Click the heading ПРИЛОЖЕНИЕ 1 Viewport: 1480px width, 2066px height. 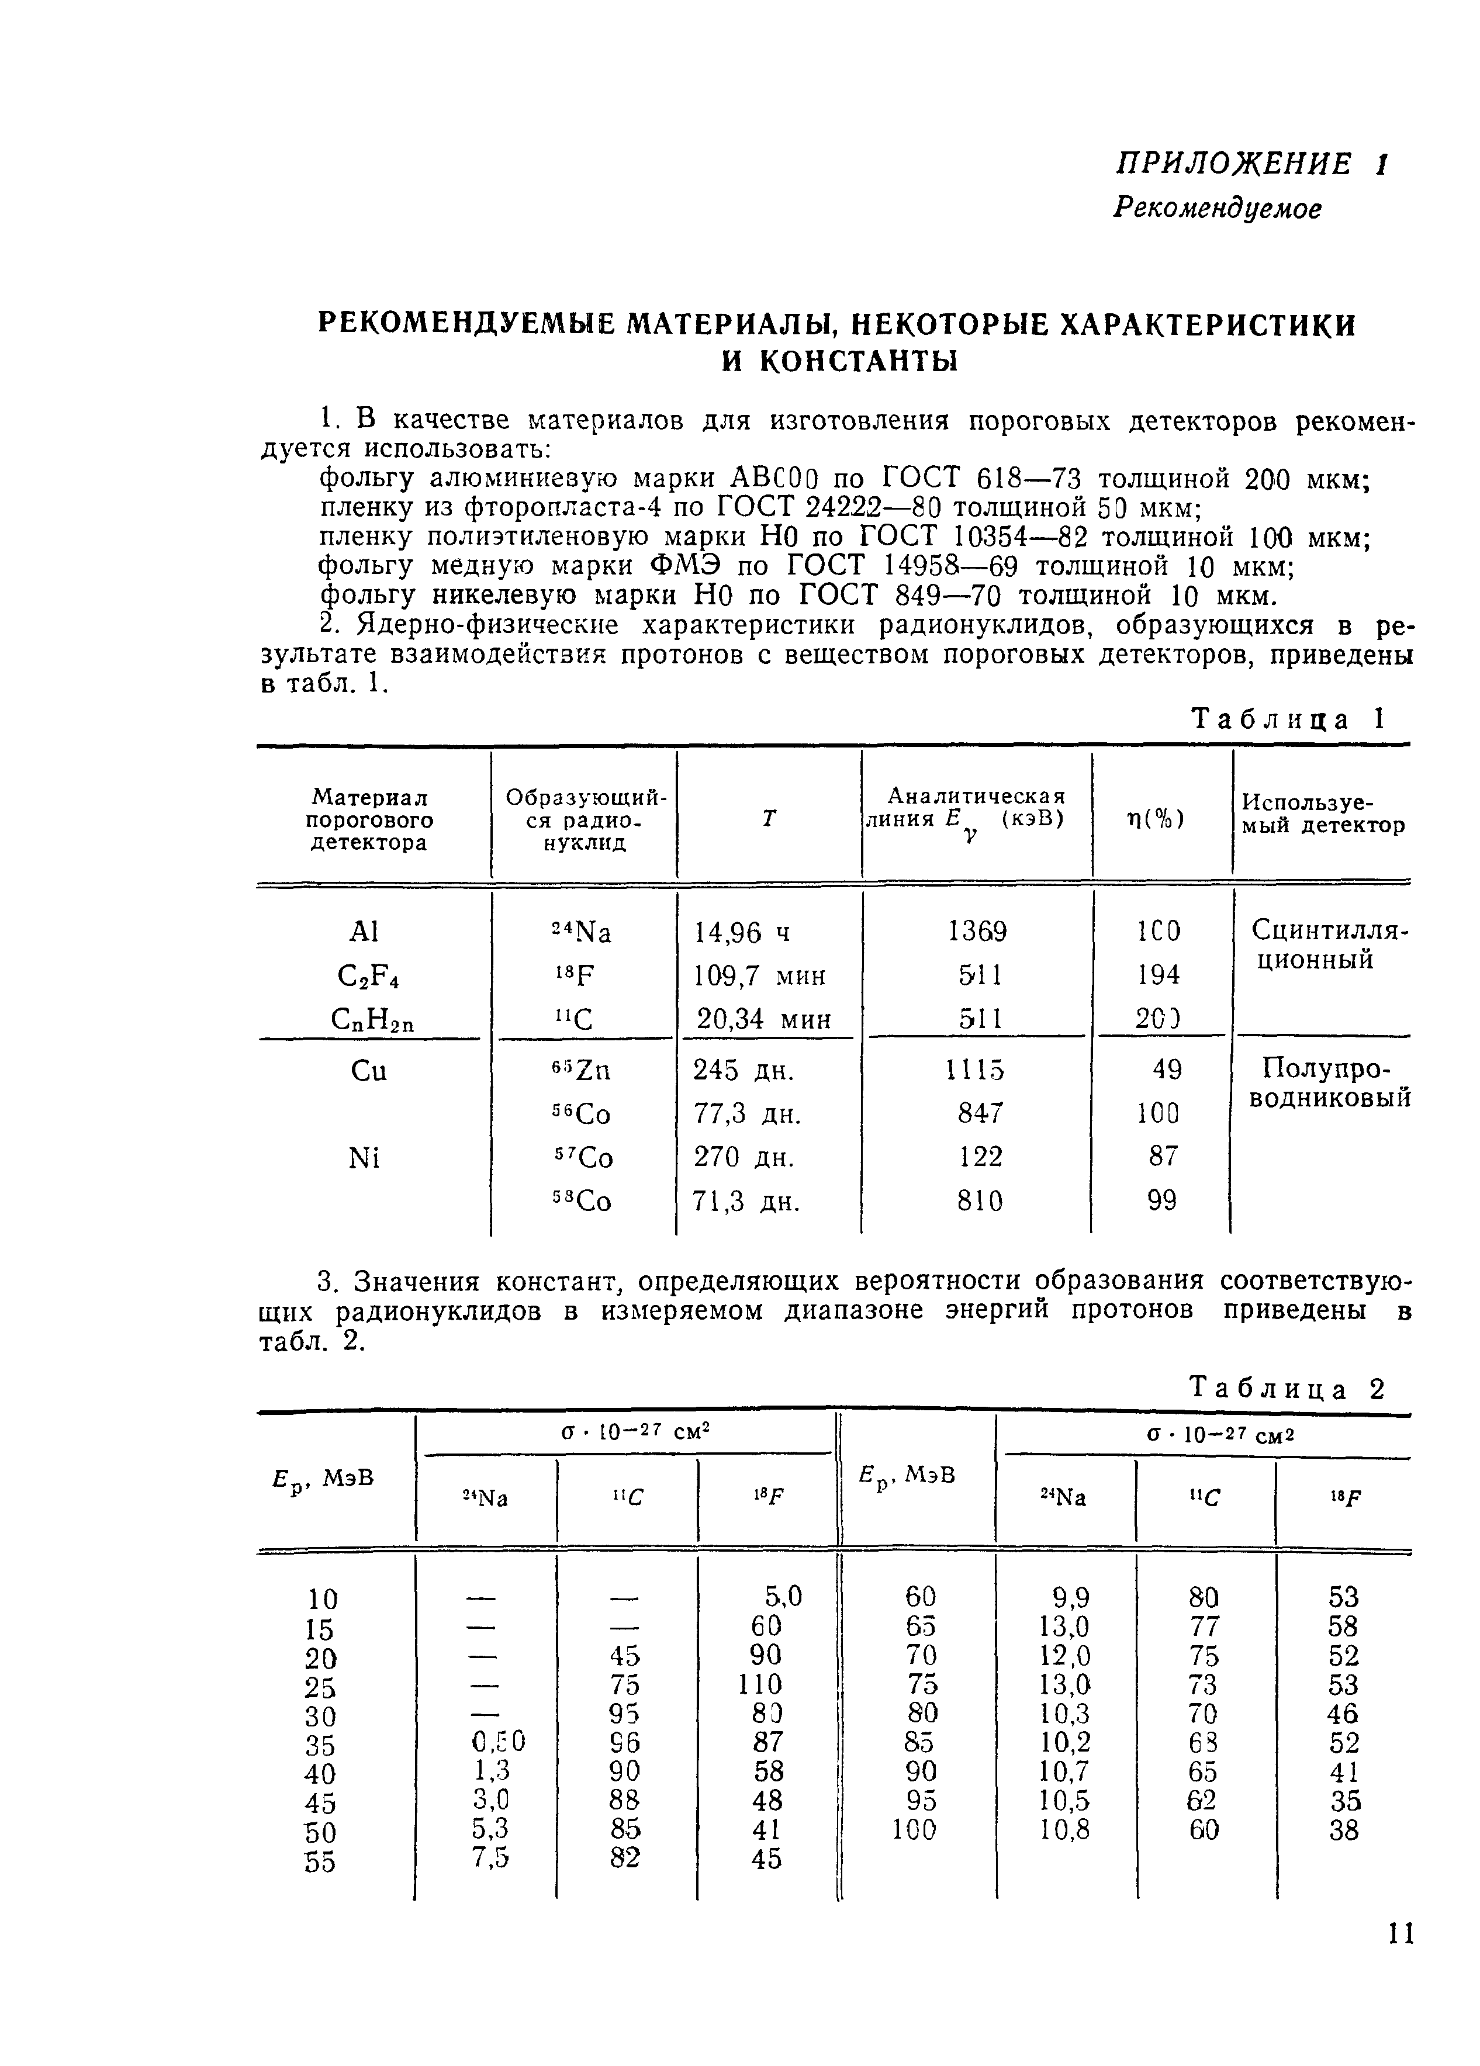pos(1250,164)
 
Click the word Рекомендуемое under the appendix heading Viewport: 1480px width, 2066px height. pos(1216,209)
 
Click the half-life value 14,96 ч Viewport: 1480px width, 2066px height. pos(743,933)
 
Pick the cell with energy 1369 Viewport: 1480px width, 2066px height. pos(977,931)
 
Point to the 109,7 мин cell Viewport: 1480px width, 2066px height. pos(760,975)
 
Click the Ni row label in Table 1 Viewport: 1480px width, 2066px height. pos(364,1158)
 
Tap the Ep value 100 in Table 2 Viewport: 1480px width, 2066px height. pos(914,1829)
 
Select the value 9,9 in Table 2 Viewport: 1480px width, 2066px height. pos(1070,1597)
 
